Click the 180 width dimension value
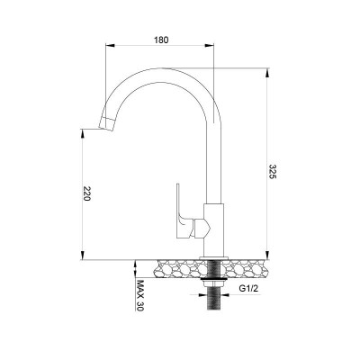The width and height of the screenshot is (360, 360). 161,40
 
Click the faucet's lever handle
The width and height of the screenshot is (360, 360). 182,212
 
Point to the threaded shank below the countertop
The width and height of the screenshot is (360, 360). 213,301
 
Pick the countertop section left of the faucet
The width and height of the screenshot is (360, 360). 180,267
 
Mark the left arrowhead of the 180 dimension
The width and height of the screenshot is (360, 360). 111,47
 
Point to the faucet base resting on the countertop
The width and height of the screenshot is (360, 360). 213,252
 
